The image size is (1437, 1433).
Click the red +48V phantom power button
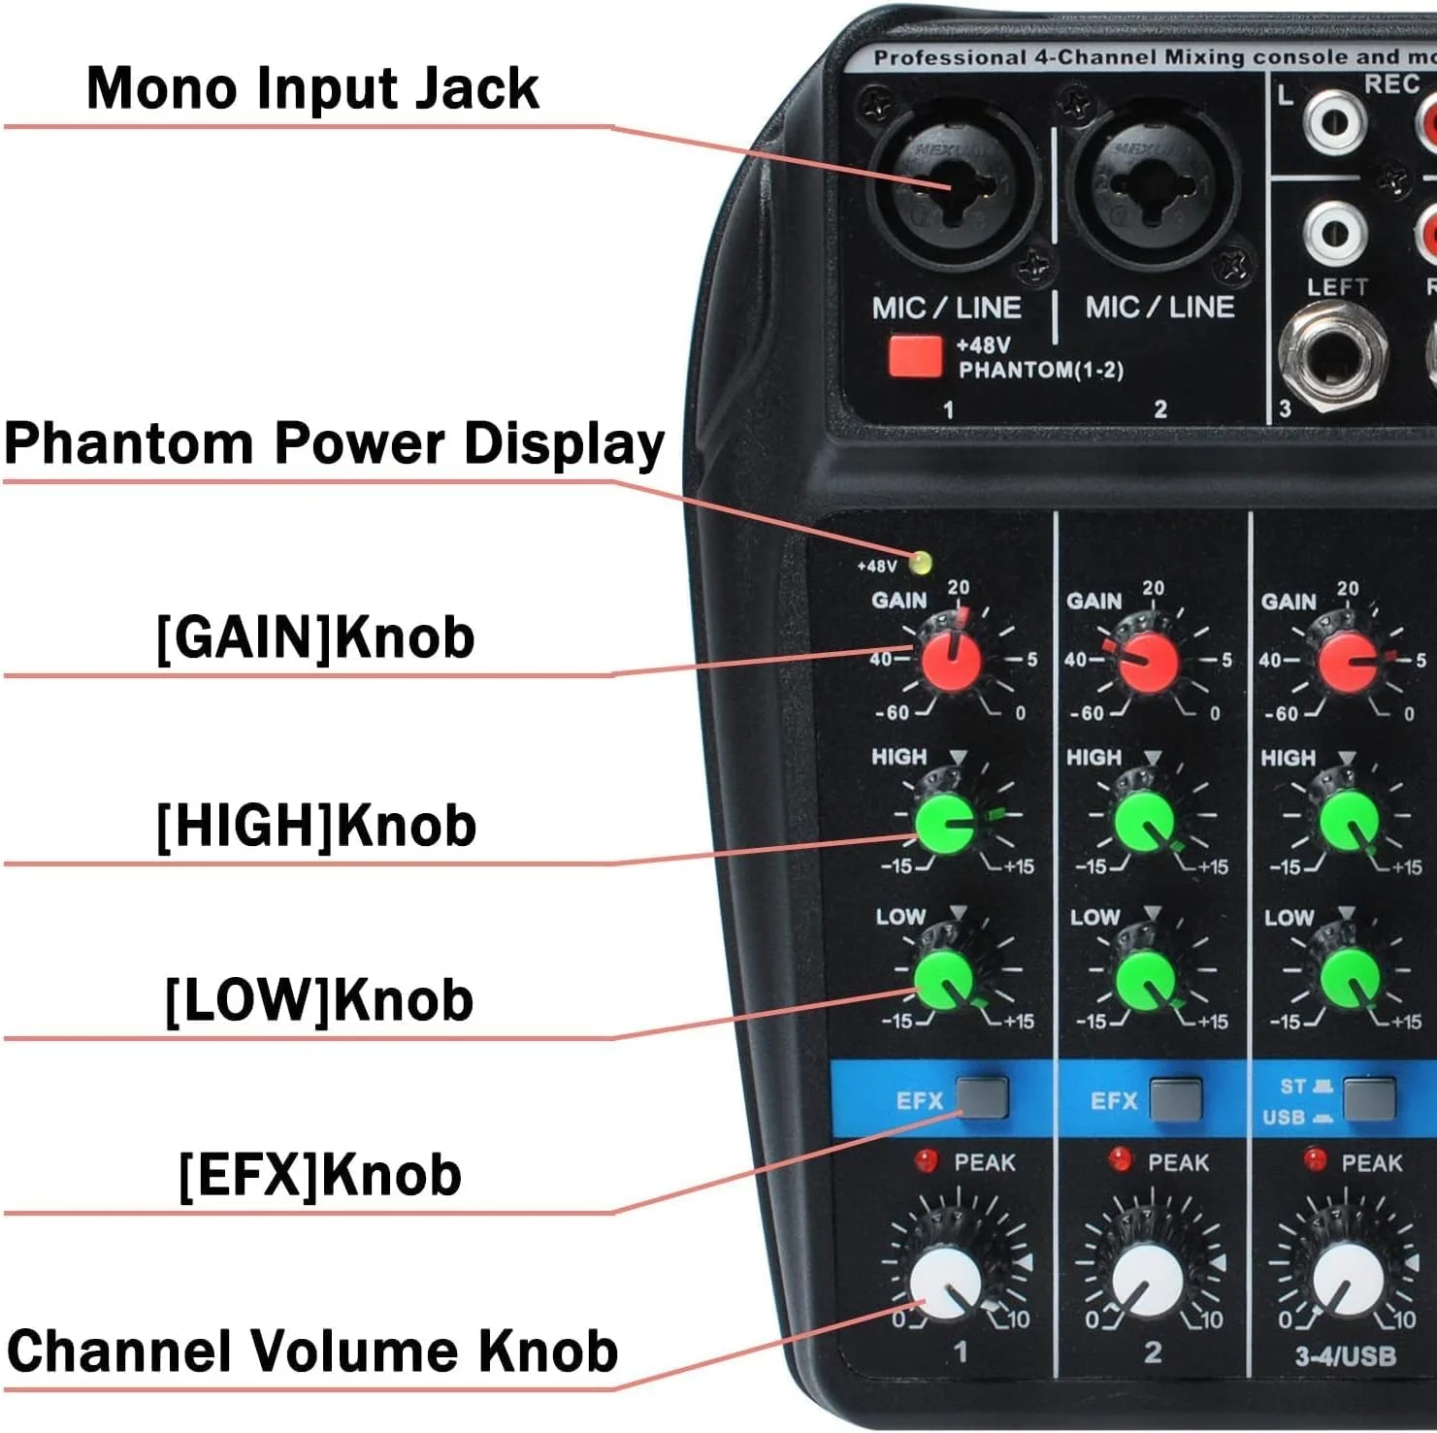pos(914,356)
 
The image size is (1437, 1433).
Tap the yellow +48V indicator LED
pos(920,563)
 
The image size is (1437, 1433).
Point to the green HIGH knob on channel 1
pos(946,824)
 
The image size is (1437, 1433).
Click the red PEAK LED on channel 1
pos(926,1159)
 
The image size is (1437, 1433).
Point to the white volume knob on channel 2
pos(1147,1283)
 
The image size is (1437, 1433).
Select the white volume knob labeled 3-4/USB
pos(1348,1283)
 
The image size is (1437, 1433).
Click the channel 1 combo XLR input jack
pos(952,183)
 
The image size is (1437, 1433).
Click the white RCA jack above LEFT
pos(1335,231)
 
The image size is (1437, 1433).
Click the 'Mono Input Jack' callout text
pos(312,88)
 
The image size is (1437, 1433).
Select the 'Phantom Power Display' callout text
pos(334,443)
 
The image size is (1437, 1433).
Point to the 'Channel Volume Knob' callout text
pos(312,1351)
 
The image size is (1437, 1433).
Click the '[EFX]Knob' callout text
pos(320,1175)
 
